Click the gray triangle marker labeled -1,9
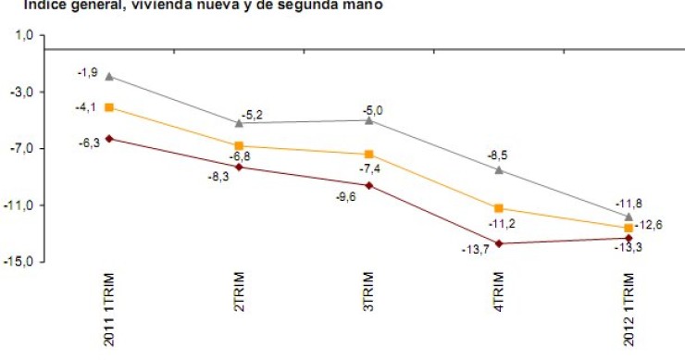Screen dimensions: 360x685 click(x=109, y=77)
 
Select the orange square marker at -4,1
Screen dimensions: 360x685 click(x=109, y=108)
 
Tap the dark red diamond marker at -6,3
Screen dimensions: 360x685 click(x=109, y=139)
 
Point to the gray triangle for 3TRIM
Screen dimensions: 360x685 click(x=369, y=120)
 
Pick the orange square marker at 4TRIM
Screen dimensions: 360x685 click(x=499, y=208)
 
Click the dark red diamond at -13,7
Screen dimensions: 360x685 click(x=499, y=243)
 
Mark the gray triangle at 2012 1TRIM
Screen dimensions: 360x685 click(x=629, y=216)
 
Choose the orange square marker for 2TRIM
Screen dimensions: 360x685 click(x=239, y=146)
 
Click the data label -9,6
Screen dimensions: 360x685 click(x=345, y=195)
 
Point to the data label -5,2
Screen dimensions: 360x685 click(x=252, y=115)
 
